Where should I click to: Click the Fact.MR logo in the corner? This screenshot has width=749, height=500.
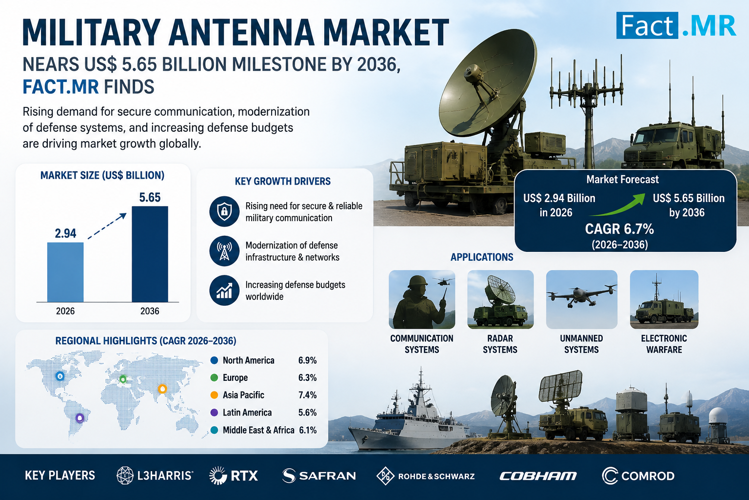[676, 25]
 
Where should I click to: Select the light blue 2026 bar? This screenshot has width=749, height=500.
[65, 272]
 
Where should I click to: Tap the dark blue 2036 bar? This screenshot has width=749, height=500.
[150, 254]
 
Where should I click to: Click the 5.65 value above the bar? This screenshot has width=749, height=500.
[150, 197]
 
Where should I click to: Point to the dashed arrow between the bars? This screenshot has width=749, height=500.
[107, 226]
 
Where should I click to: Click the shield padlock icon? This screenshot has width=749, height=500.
[224, 211]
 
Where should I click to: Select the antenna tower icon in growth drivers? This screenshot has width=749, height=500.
[224, 251]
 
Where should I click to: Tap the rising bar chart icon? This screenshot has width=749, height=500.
[224, 291]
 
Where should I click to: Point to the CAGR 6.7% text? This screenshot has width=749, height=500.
[619, 229]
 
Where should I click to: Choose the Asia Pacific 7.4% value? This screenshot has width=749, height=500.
[307, 395]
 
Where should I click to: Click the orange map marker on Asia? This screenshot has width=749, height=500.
[162, 389]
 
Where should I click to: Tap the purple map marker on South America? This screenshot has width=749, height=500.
[79, 418]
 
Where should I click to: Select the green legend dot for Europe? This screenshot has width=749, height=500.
[215, 378]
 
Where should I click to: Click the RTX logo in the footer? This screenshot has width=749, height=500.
[234, 476]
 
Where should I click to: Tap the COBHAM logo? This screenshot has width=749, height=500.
[538, 476]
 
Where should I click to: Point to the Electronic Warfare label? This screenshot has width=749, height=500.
[664, 344]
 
